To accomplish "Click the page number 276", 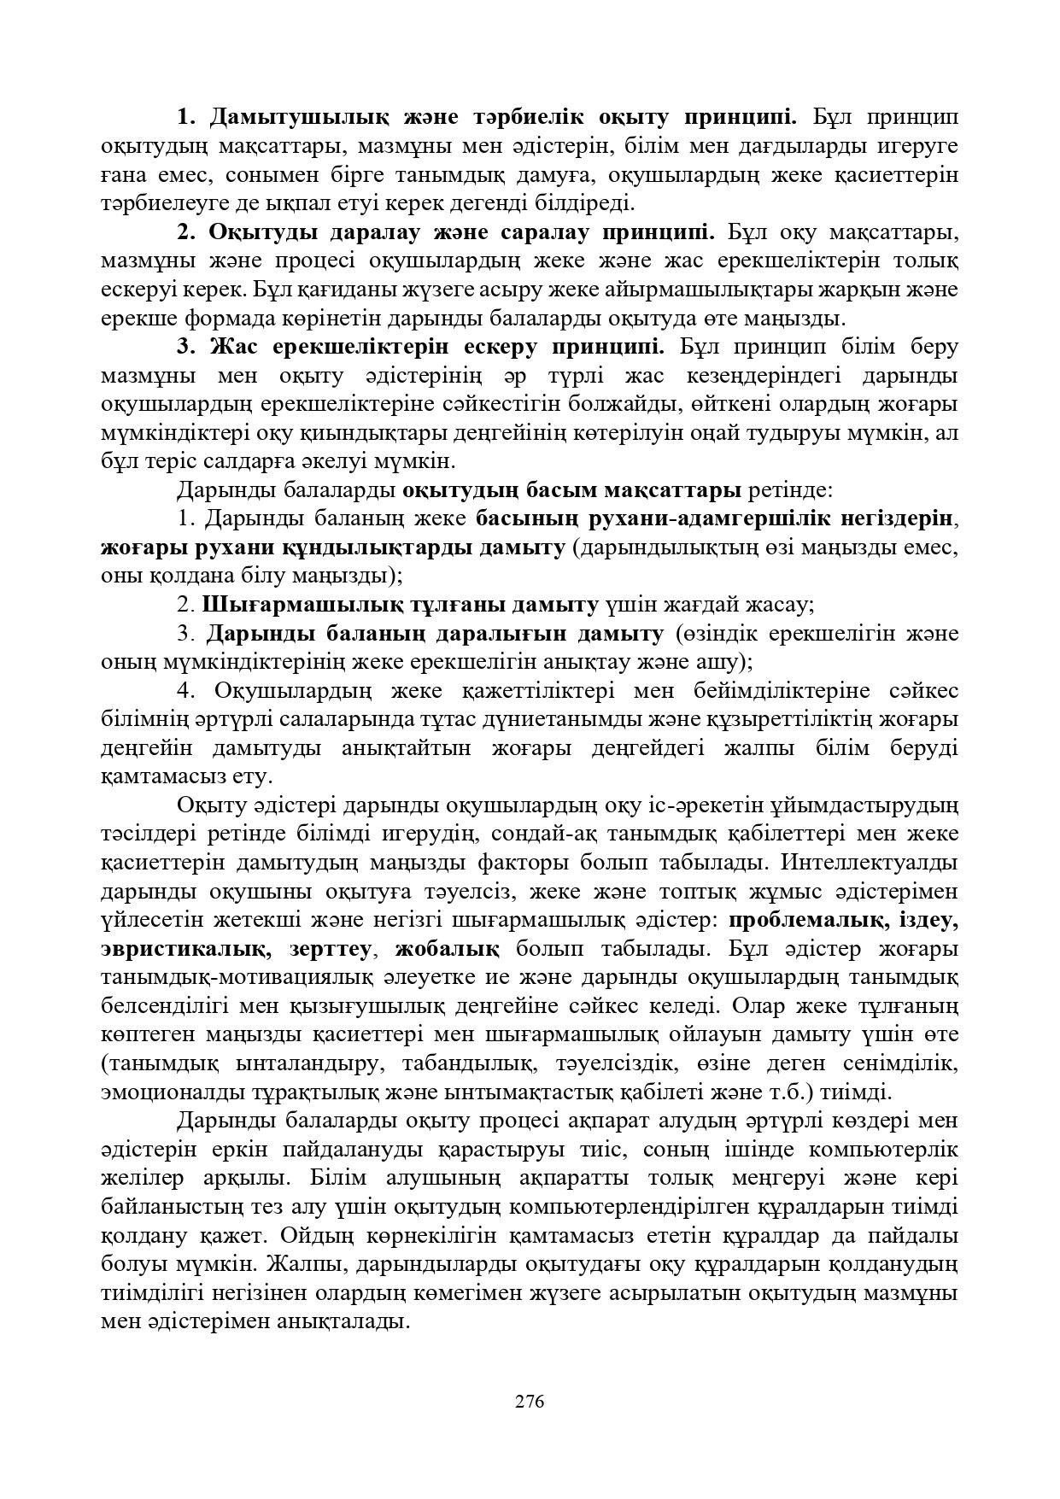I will (x=530, y=1402).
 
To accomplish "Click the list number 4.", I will (x=187, y=690).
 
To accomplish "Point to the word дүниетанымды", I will (x=588, y=719).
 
